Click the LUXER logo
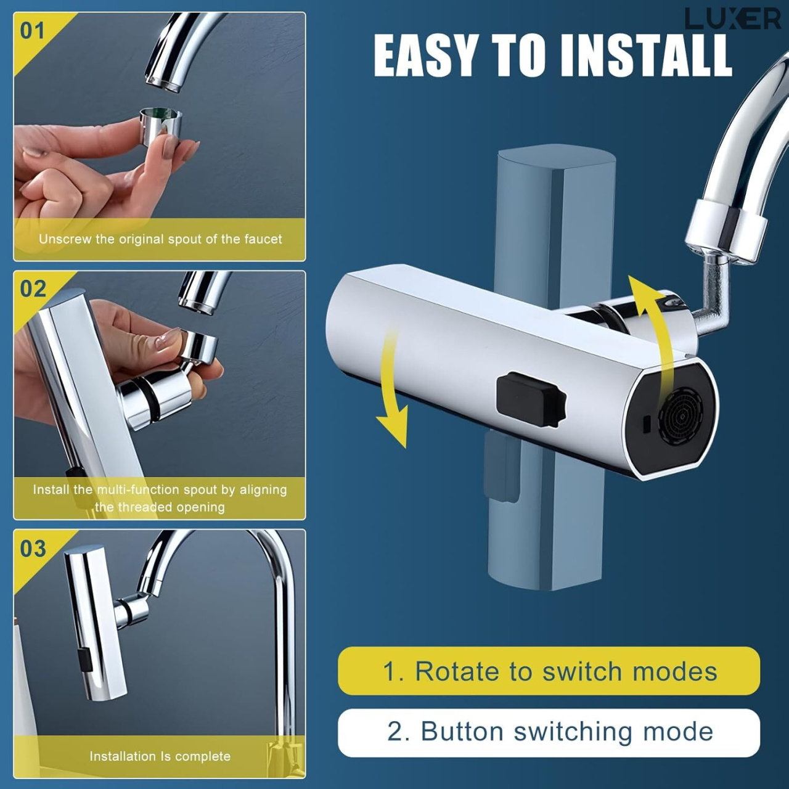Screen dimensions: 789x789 tap(732, 19)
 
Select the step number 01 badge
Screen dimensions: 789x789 tap(32, 30)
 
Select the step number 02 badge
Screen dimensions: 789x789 tap(33, 288)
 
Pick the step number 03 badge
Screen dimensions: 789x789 tap(33, 548)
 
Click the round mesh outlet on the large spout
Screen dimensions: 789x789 tap(681, 416)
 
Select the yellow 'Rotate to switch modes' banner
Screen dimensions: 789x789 tap(549, 671)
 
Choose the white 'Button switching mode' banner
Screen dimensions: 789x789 tap(549, 732)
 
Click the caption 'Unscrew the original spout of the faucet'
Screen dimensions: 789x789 tap(160, 239)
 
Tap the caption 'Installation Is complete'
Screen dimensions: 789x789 tap(160, 756)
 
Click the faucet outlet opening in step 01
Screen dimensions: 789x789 tap(163, 83)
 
